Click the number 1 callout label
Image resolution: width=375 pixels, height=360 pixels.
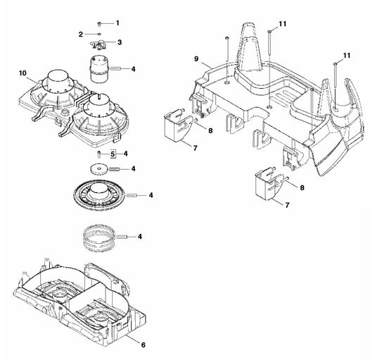pyautogui.click(x=117, y=23)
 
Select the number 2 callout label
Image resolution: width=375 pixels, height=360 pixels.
pyautogui.click(x=81, y=34)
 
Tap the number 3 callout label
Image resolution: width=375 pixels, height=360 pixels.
pyautogui.click(x=120, y=42)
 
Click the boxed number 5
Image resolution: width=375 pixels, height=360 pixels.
pyautogui.click(x=111, y=154)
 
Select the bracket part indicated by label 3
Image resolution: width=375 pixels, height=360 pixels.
pyautogui.click(x=101, y=44)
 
